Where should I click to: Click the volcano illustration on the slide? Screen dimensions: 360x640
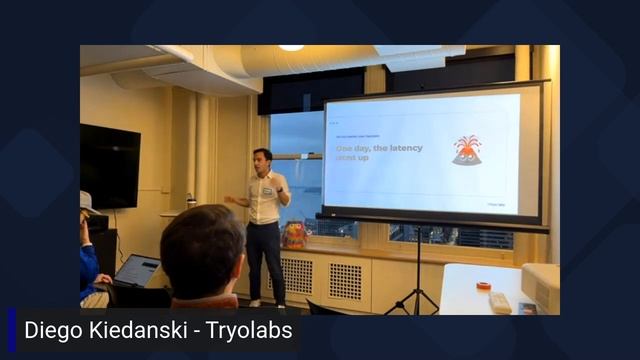pyautogui.click(x=466, y=150)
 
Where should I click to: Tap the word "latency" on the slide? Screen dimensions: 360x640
pyautogui.click(x=402, y=148)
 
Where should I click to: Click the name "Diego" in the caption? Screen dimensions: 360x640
pyautogui.click(x=51, y=330)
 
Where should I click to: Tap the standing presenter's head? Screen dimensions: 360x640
pyautogui.click(x=262, y=160)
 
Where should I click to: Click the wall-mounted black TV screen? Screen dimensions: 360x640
pyautogui.click(x=109, y=165)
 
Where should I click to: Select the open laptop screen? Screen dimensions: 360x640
pyautogui.click(x=136, y=270)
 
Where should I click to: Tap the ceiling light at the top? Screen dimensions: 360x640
pyautogui.click(x=291, y=47)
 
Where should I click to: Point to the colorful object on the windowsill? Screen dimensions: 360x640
pyautogui.click(x=295, y=235)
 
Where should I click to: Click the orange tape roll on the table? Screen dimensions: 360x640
pyautogui.click(x=483, y=285)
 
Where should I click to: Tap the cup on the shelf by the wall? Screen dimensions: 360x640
pyautogui.click(x=190, y=200)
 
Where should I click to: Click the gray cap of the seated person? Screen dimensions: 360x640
pyautogui.click(x=86, y=201)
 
